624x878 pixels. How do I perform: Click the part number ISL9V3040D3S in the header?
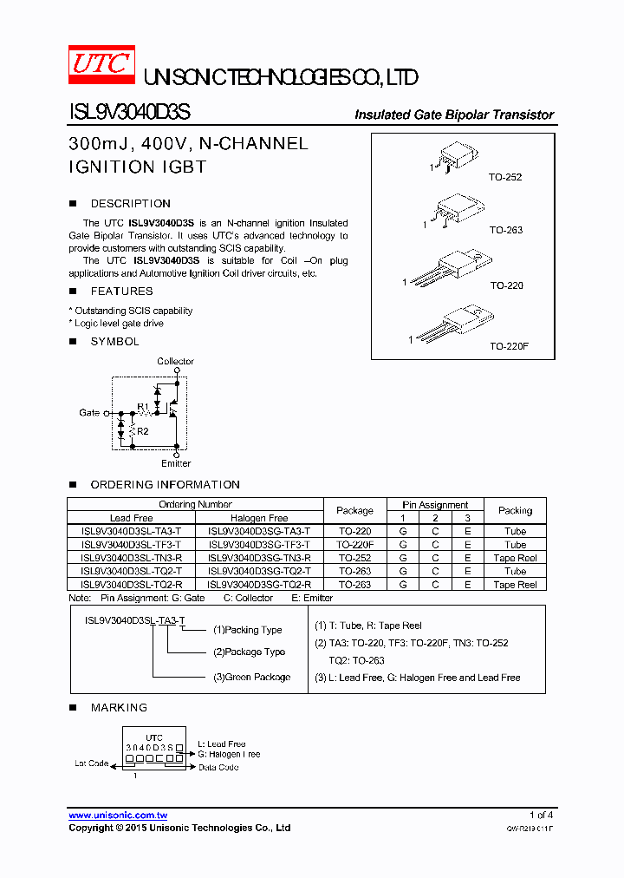pyautogui.click(x=129, y=114)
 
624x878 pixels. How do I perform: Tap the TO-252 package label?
pyautogui.click(x=505, y=177)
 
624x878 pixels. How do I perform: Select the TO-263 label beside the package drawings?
pyautogui.click(x=506, y=231)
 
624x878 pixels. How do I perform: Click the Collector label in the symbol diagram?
pyautogui.click(x=176, y=361)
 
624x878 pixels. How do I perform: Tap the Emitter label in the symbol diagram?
pyautogui.click(x=176, y=463)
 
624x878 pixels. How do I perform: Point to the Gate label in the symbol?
pyautogui.click(x=89, y=413)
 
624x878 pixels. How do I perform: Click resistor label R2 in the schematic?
pyautogui.click(x=143, y=431)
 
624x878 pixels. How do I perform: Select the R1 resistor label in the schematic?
pyautogui.click(x=143, y=406)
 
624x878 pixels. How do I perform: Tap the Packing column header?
pyautogui.click(x=515, y=510)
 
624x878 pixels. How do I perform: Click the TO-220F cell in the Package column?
pyautogui.click(x=355, y=545)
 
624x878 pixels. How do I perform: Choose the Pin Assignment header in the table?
pyautogui.click(x=435, y=504)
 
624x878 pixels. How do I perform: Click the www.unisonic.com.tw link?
pyautogui.click(x=118, y=816)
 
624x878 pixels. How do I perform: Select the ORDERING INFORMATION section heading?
pyautogui.click(x=165, y=485)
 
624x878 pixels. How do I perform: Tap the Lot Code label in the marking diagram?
pyautogui.click(x=92, y=763)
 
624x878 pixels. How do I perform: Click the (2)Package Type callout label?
pyautogui.click(x=249, y=652)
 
